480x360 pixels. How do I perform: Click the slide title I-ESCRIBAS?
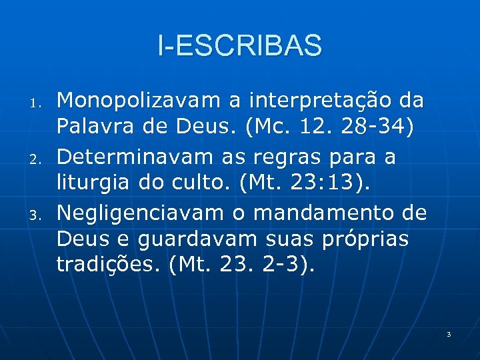tap(240, 45)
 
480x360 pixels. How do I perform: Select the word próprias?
tap(370, 239)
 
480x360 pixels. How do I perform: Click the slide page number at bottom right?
tap(449, 333)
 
